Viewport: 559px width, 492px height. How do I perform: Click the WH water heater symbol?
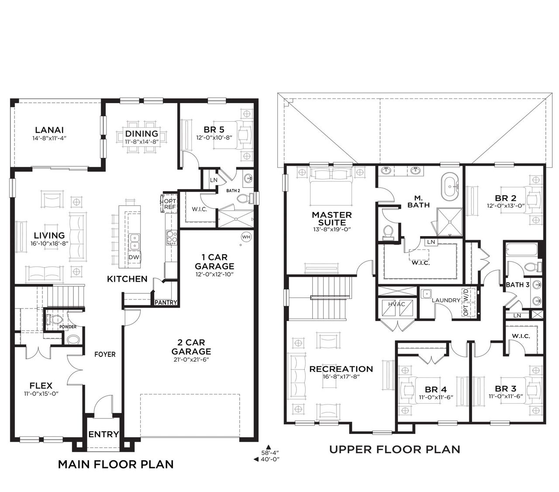click(x=246, y=237)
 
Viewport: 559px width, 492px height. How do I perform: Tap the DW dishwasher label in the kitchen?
click(x=134, y=257)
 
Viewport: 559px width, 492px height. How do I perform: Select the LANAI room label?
click(x=49, y=130)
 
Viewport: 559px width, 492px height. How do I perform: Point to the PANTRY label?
click(x=166, y=303)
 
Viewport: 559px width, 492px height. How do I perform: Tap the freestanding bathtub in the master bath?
click(x=450, y=186)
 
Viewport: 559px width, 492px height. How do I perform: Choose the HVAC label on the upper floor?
click(x=397, y=304)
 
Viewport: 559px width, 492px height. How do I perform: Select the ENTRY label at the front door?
click(x=104, y=434)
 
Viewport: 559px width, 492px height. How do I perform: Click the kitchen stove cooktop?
click(x=172, y=237)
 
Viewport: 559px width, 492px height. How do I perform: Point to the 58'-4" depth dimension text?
click(x=270, y=453)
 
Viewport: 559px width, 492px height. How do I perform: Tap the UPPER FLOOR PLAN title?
click(x=395, y=450)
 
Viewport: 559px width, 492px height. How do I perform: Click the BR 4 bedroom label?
click(x=436, y=389)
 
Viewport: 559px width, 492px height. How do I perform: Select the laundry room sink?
click(x=426, y=293)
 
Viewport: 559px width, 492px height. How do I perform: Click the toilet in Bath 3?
click(x=533, y=267)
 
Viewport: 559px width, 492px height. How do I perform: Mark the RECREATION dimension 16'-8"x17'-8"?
click(x=342, y=376)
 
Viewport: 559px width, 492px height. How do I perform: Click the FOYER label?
click(x=105, y=354)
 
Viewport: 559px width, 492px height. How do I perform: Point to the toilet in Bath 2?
click(x=245, y=198)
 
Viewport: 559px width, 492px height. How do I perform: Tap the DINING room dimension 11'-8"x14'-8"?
click(x=141, y=141)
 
